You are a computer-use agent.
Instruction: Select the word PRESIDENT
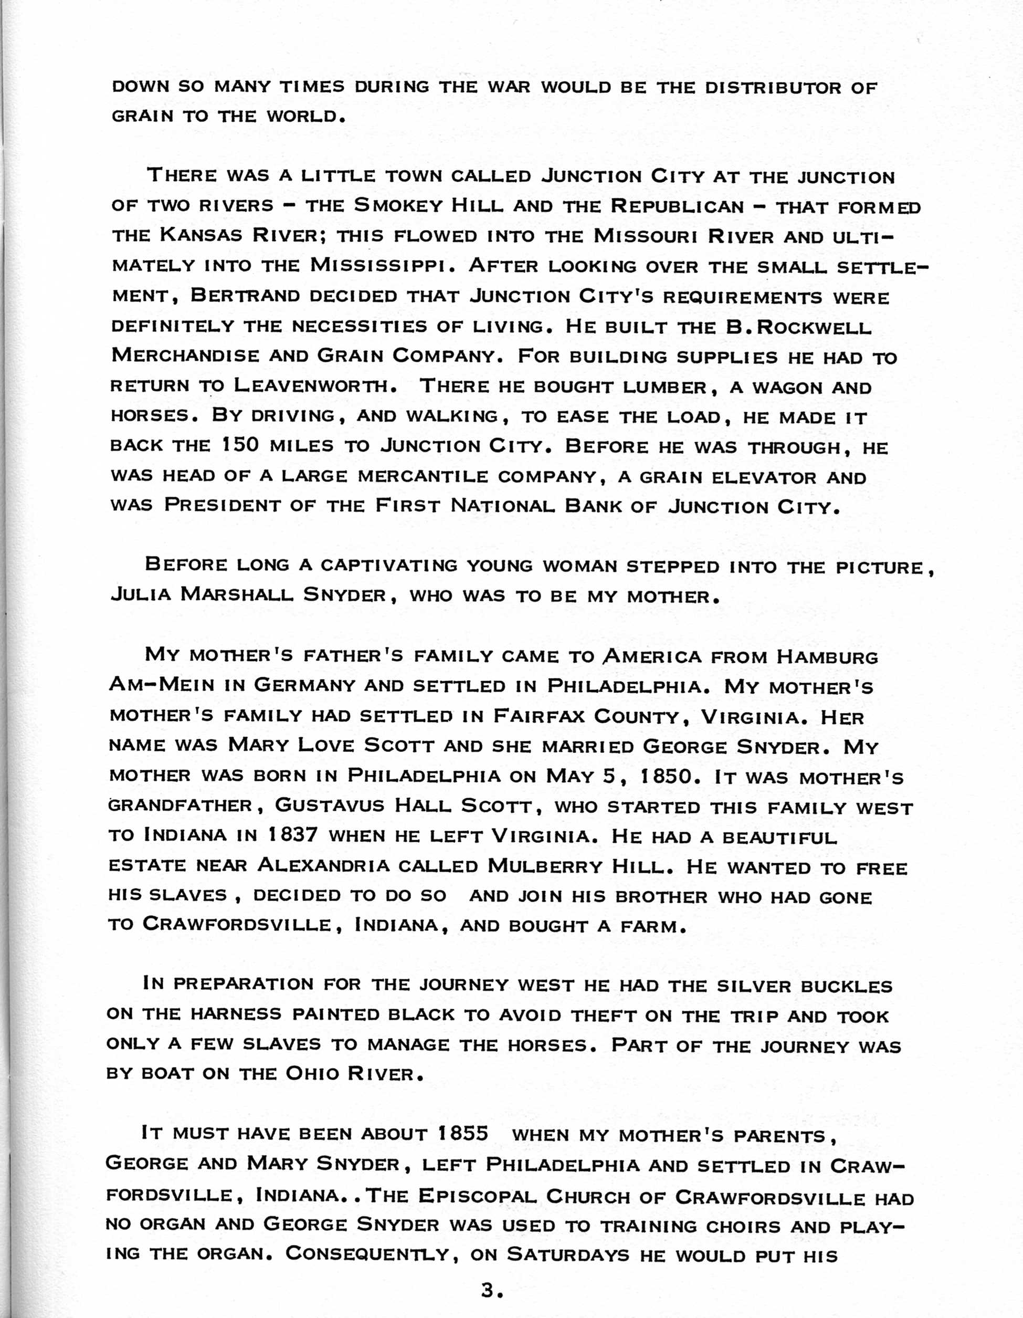pos(223,505)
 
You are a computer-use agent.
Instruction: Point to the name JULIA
pos(141,594)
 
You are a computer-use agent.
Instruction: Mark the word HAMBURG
pos(827,656)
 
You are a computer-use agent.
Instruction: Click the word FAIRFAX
pos(539,716)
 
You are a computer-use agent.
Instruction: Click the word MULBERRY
pos(545,865)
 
